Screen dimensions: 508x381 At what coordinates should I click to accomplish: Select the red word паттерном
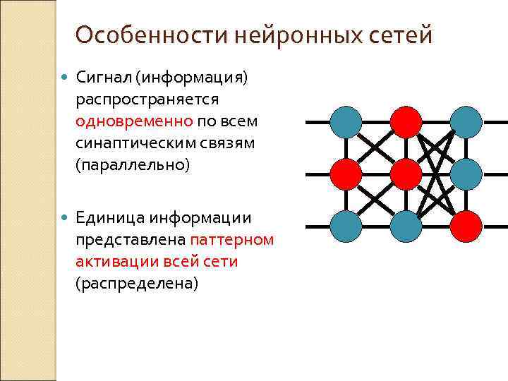[x=231, y=240]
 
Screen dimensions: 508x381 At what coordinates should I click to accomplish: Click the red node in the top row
[x=406, y=121]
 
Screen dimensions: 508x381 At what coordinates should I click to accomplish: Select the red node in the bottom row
[x=466, y=227]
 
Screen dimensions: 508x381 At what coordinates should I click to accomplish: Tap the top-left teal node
[x=346, y=121]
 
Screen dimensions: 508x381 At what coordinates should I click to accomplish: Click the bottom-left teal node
[x=346, y=227]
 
